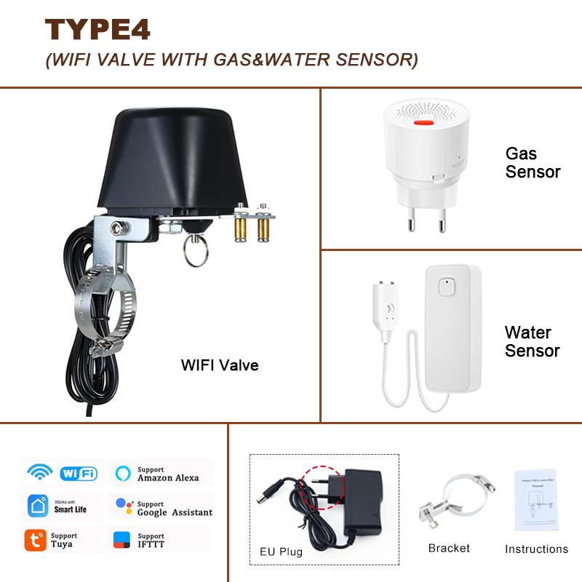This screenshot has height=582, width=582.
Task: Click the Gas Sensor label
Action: click(533, 163)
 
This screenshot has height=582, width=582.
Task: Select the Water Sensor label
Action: click(532, 342)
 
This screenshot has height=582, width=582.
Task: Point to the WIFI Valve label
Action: click(220, 365)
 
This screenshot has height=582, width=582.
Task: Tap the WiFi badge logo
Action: click(79, 473)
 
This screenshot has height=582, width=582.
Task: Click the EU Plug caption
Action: click(281, 551)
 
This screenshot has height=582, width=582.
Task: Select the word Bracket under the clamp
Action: click(449, 549)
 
